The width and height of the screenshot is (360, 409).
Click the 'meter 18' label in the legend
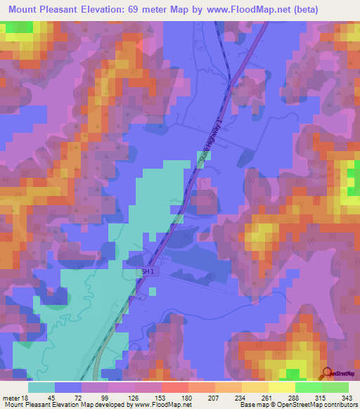pyautogui.click(x=15, y=396)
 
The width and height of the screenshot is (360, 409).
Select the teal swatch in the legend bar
pyautogui.click(x=41, y=387)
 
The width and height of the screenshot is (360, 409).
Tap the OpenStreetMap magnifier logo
pyautogui.click(x=327, y=372)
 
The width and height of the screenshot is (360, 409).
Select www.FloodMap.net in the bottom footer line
pyautogui.click(x=163, y=405)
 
